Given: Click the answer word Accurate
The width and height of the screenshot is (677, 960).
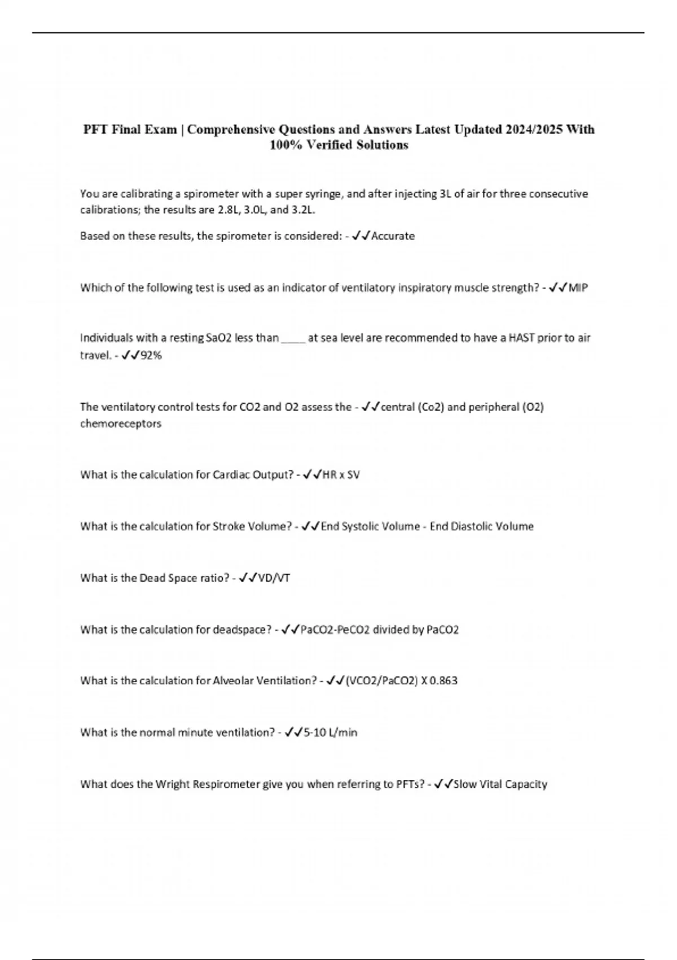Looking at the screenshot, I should [393, 236].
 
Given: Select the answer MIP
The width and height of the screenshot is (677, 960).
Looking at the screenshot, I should [578, 287].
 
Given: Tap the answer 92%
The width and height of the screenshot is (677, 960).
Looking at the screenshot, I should [151, 355].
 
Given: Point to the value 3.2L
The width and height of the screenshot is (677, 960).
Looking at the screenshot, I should [304, 210].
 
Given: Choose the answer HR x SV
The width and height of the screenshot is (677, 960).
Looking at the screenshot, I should [340, 474].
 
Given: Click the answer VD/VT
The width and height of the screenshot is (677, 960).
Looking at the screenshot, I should [274, 578].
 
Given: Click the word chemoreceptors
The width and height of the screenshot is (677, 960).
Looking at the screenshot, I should [121, 424].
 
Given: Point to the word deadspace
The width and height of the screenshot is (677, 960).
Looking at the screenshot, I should [241, 629].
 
